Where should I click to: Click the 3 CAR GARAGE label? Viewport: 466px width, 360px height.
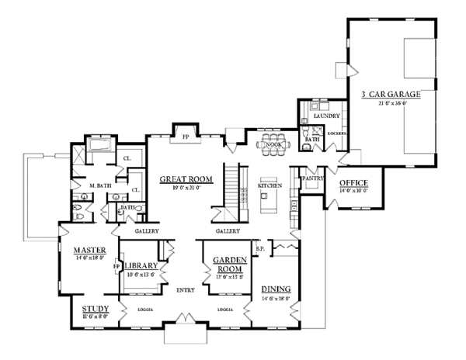tap(391, 94)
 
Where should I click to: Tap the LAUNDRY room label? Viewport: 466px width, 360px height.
tap(326, 116)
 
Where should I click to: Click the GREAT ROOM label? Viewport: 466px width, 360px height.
tap(181, 179)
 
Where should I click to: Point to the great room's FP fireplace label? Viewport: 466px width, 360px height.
tap(186, 137)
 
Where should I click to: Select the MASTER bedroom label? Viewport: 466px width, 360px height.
tap(90, 250)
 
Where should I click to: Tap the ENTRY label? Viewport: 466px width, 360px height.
tap(185, 290)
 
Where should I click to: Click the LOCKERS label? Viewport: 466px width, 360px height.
tap(337, 133)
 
